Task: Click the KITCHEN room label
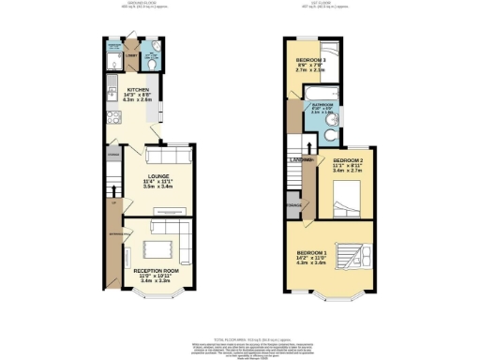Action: pyautogui.click(x=138, y=92)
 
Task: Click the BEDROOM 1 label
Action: pyautogui.click(x=312, y=253)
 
